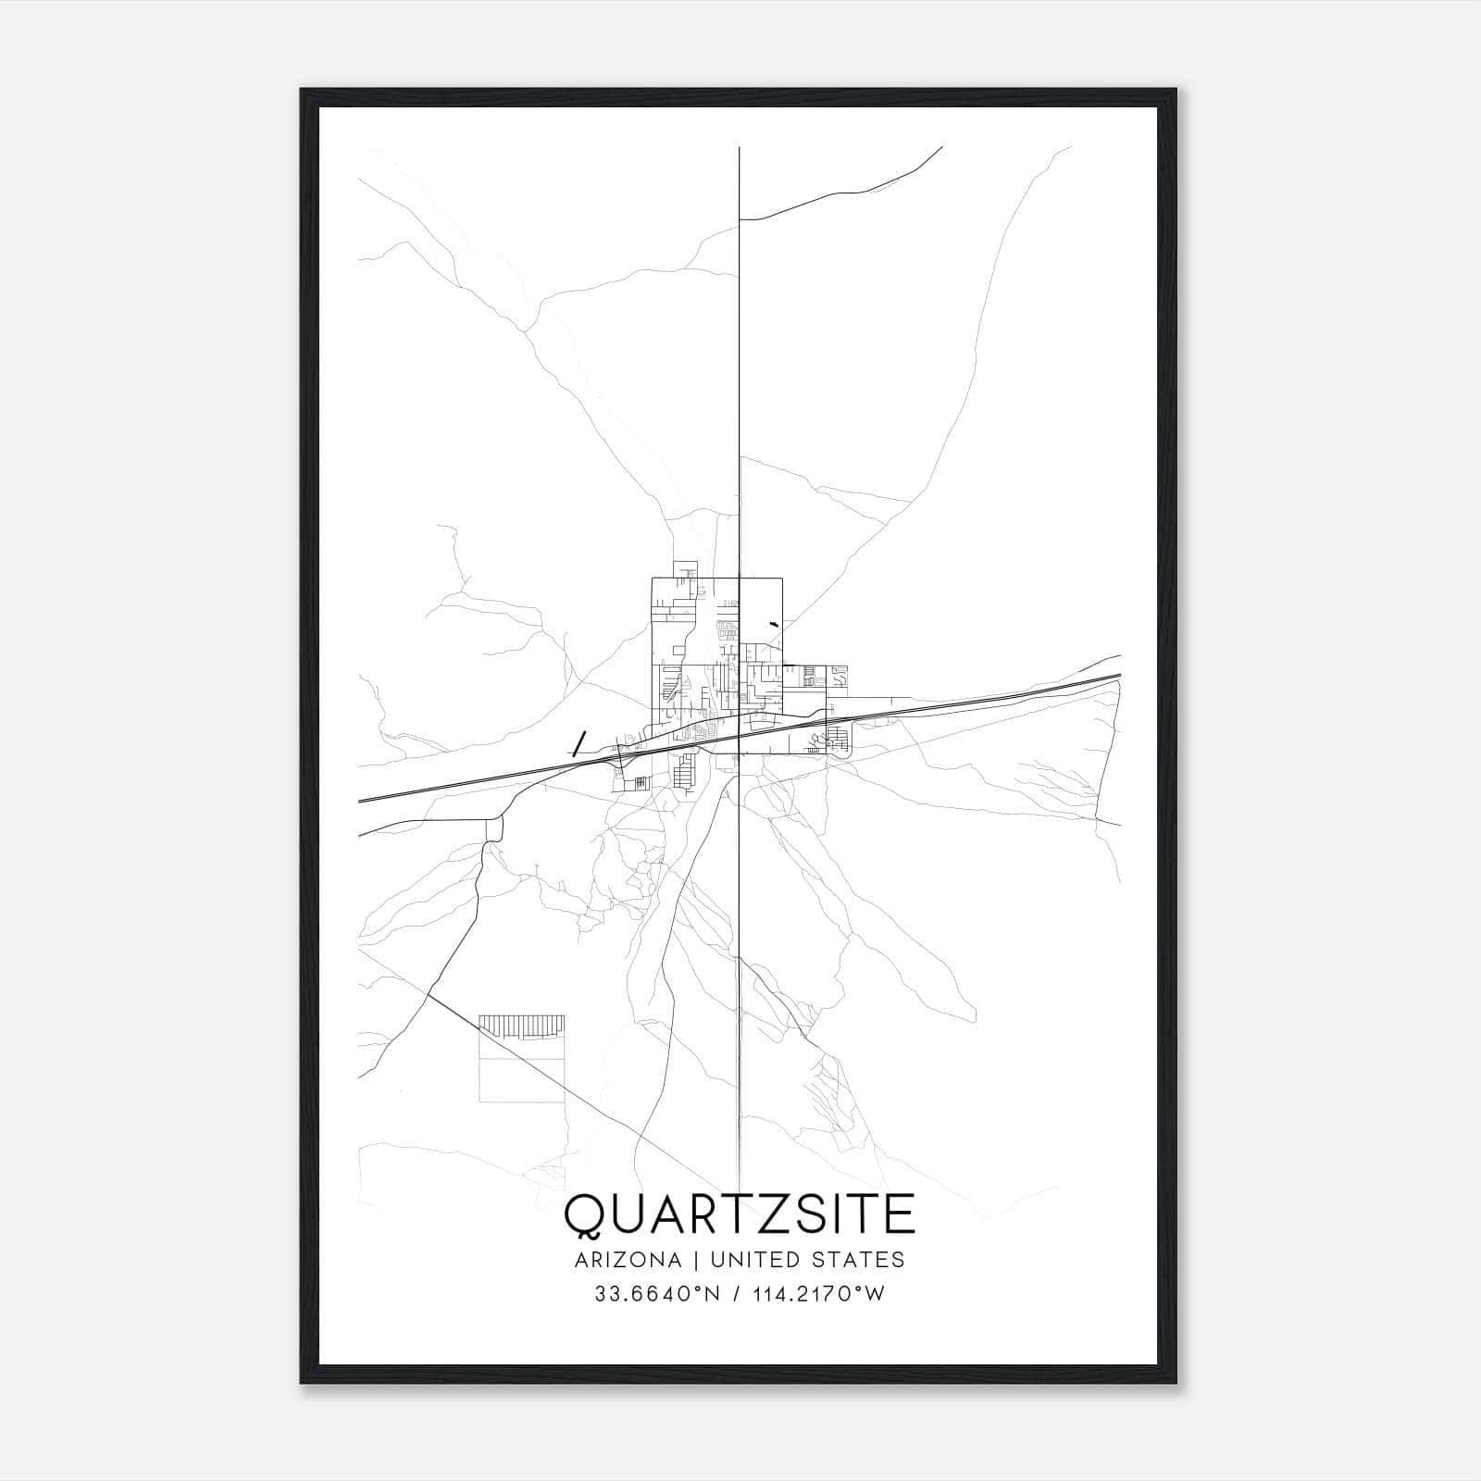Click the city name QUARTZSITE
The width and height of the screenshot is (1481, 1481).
(740, 1214)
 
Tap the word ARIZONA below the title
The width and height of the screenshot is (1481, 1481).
(627, 1260)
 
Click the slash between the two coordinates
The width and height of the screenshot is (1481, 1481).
(736, 1294)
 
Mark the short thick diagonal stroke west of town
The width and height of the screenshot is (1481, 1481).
(579, 743)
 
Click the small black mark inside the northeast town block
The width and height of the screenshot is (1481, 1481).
(774, 627)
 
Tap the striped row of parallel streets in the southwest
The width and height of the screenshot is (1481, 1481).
(521, 1025)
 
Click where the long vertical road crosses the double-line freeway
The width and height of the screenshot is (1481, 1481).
(739, 738)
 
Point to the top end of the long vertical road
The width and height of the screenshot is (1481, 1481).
(739, 149)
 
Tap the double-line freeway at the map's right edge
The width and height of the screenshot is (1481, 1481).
(1117, 678)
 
